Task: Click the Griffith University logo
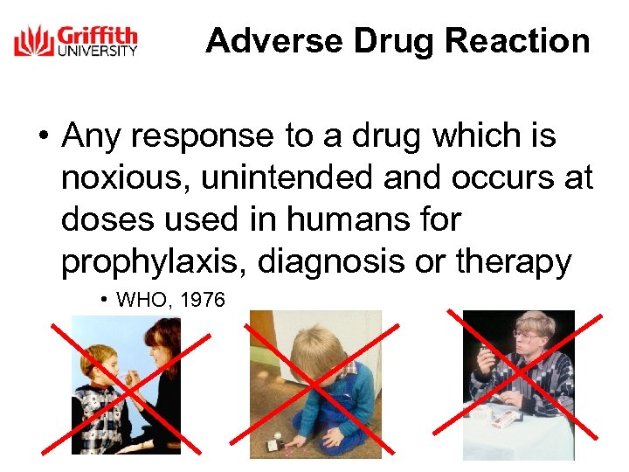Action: [x=75, y=41]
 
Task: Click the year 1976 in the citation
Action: [x=204, y=301]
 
